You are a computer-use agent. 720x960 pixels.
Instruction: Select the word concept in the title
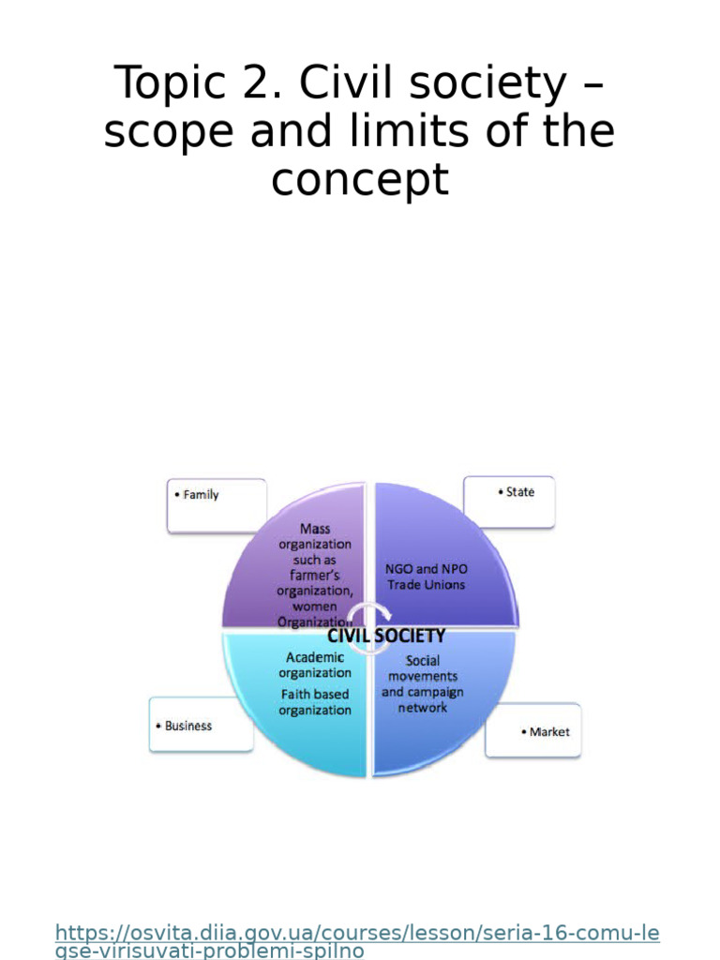pos(359,180)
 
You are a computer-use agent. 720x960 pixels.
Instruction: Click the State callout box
pos(510,501)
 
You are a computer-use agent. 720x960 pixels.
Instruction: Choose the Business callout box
pos(201,724)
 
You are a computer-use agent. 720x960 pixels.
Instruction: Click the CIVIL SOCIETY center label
pos(385,636)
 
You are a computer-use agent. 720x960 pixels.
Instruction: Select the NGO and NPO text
pos(427,569)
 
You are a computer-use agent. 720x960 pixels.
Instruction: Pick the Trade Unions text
pos(427,584)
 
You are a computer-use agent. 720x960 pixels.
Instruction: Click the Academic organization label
pos(315,665)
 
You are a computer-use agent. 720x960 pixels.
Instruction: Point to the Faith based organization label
pos(315,702)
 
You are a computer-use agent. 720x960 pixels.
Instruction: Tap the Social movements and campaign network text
pos(422,683)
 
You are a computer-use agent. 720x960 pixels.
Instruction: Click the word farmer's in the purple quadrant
pos(315,575)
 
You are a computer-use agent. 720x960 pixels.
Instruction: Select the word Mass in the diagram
pos(315,529)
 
